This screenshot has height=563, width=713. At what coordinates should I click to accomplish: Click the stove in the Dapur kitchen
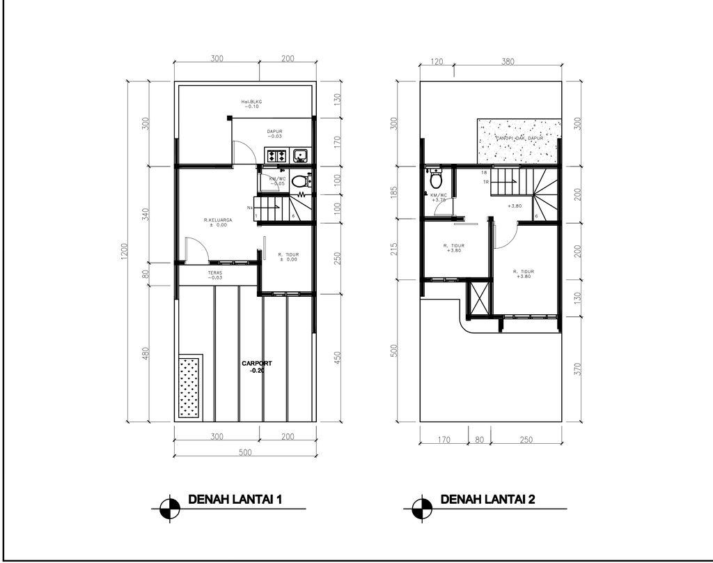[275, 155]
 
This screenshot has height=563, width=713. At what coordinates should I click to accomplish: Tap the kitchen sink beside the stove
[301, 155]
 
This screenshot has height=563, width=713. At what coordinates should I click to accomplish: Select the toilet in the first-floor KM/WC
[299, 181]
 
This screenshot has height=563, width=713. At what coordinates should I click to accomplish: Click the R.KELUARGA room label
[217, 222]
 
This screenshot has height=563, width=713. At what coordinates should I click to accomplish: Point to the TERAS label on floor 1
[215, 275]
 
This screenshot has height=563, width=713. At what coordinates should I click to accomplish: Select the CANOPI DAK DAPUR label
[519, 139]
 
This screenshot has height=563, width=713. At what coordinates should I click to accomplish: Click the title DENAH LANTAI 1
[235, 500]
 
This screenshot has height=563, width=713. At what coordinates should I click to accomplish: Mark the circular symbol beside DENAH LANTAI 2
[421, 507]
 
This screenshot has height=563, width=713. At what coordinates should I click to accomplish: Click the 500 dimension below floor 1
[244, 452]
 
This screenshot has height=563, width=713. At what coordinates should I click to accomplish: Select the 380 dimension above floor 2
[508, 61]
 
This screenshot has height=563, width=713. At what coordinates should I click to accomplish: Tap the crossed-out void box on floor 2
[478, 298]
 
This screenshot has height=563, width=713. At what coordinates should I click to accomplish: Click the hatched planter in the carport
[189, 387]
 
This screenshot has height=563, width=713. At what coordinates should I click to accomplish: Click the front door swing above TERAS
[194, 249]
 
